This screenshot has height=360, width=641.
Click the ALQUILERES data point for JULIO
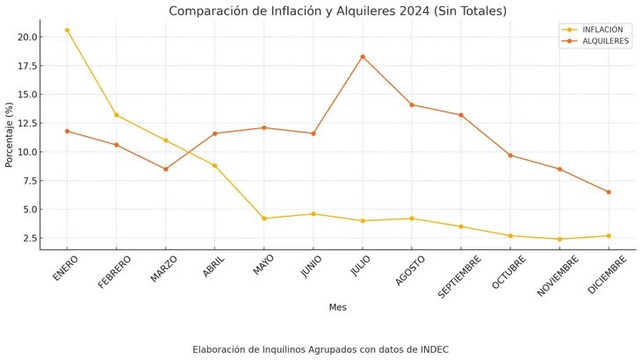[363, 57]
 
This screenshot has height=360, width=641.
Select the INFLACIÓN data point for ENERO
[67, 30]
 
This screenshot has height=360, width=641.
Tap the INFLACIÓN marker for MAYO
[264, 219]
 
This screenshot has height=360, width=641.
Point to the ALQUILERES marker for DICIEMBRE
[609, 192]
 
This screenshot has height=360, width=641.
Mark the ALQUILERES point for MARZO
[165, 169]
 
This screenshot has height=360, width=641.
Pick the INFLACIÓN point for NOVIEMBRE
[559, 239]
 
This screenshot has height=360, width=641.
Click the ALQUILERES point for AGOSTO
[412, 105]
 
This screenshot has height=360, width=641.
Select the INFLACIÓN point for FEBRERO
[116, 115]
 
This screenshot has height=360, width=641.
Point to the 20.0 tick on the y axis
[25, 37]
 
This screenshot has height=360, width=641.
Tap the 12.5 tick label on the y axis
[25, 123]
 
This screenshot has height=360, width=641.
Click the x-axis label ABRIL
[215, 266]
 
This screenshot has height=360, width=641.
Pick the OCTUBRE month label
[508, 270]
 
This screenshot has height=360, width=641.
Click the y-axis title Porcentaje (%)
[10, 133]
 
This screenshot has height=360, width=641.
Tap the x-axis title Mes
[337, 307]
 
